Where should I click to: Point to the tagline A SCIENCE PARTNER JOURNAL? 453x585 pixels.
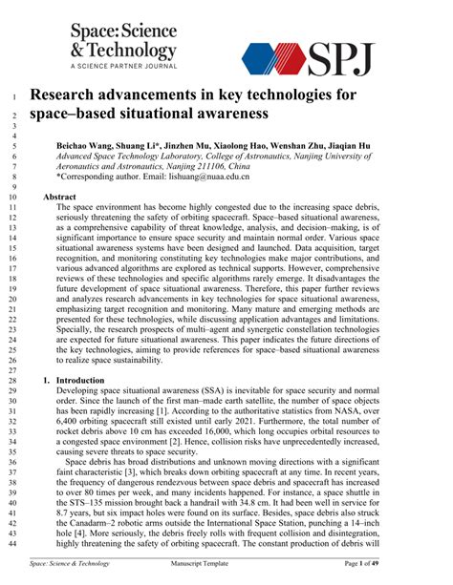(x=123, y=66)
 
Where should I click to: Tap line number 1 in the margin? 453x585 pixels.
(x=15, y=95)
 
